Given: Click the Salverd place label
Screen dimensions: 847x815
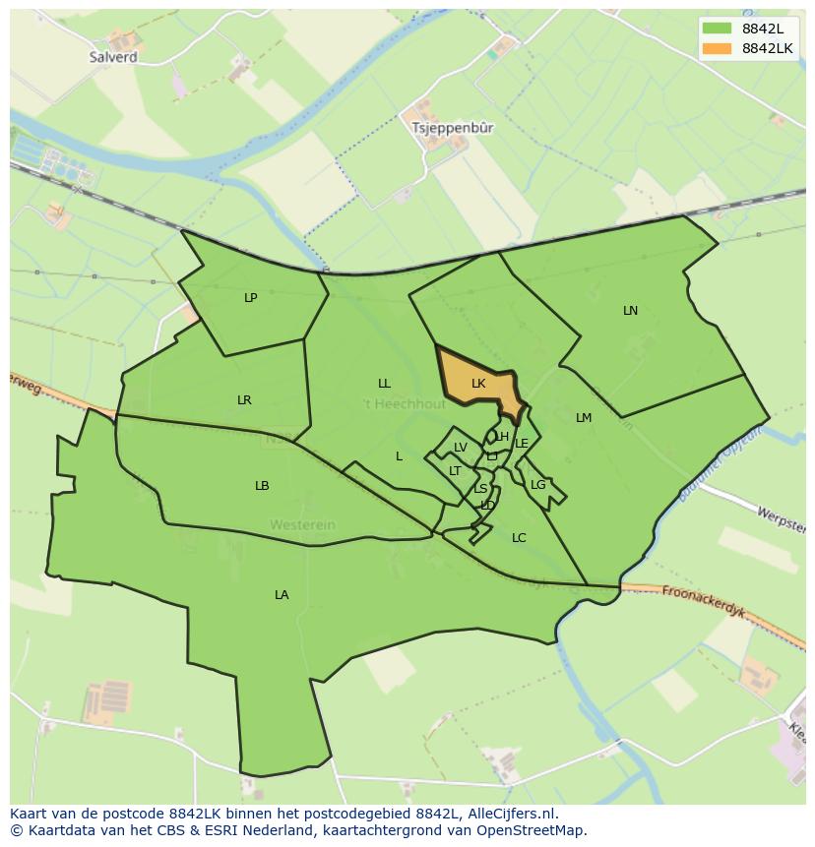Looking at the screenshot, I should pos(113,57).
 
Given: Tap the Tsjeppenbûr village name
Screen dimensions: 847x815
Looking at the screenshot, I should pos(453,128).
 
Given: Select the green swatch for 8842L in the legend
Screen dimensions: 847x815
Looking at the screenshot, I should pos(718,29).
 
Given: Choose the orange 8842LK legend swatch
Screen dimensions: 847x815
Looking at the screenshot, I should pos(718,48).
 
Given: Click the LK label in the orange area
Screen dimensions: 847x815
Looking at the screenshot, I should pos(478,384).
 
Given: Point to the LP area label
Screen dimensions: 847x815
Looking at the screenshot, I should pos(251,297).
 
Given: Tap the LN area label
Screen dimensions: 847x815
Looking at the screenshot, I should pos(630,311).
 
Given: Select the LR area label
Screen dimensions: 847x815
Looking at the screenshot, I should pos(244,399).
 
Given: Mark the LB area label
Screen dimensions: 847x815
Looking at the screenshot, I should pos(262,486).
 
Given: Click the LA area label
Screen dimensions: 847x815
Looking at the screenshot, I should pos(282,594).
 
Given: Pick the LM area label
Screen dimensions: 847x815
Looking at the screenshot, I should pos(584,418).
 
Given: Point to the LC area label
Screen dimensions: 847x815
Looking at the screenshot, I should pos(519,538).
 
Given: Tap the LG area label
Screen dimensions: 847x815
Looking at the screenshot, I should pos(537,485).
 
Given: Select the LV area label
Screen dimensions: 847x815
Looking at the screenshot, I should pos(460,449).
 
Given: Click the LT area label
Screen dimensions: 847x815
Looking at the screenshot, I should pos(455,471).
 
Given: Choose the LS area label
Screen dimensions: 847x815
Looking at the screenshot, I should pos(480,489).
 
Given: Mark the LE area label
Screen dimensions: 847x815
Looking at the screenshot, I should pos(522,444).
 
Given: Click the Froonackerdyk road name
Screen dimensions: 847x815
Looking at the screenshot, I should pos(702,602).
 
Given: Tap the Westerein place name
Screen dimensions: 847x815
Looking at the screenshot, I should pos(303,525).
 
